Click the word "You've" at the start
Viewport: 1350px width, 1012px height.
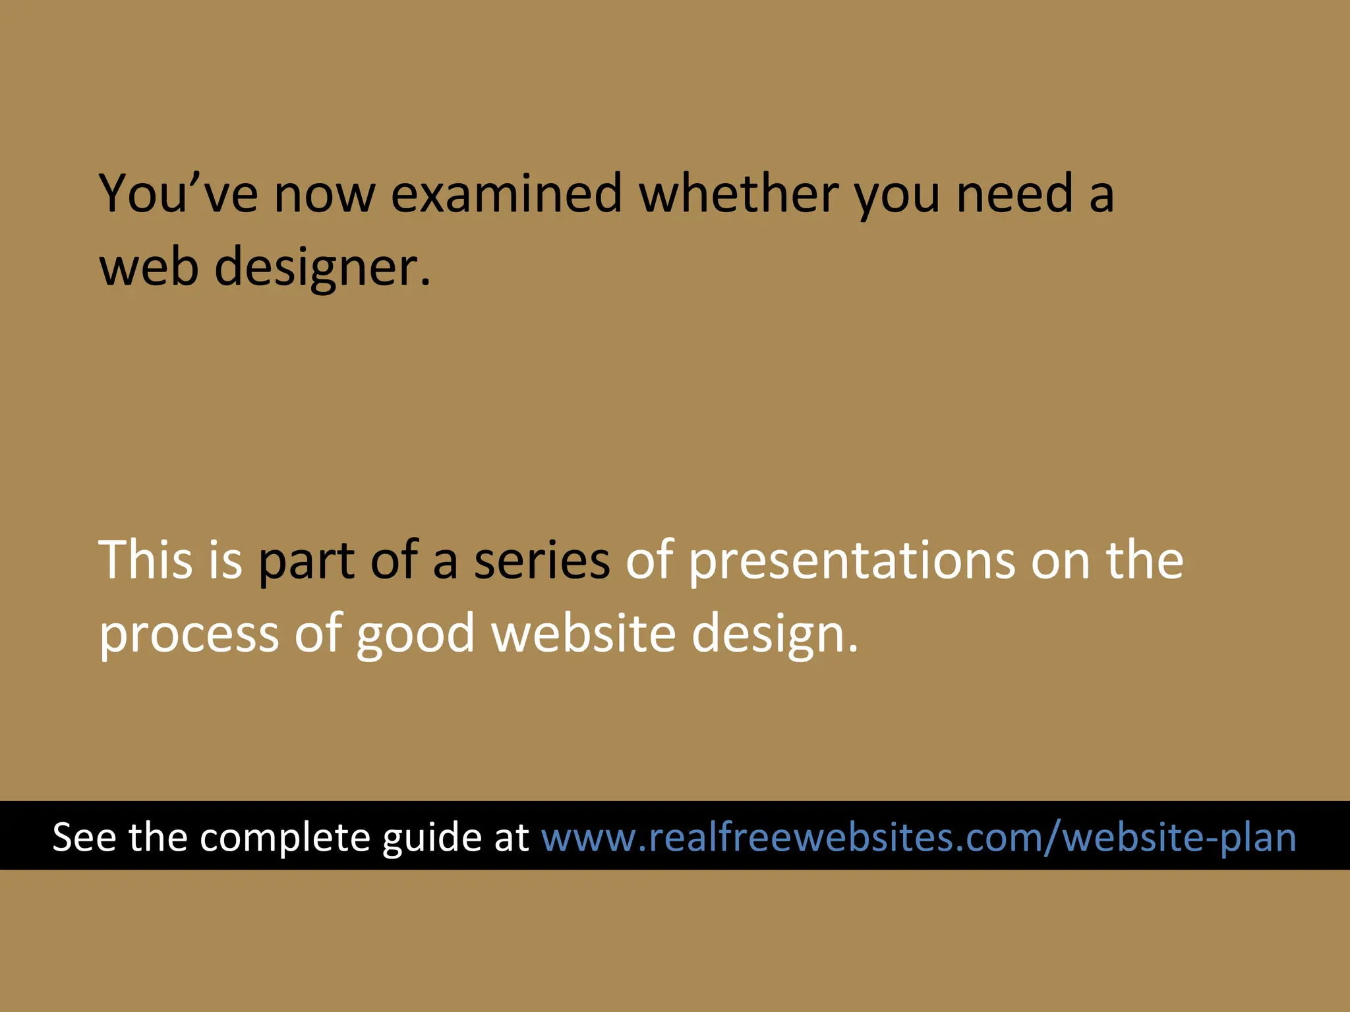point(178,194)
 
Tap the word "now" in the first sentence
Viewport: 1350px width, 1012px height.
point(324,195)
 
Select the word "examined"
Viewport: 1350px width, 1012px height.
point(506,194)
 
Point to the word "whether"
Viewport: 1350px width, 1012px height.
point(738,194)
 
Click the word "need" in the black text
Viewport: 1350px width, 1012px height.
point(1014,194)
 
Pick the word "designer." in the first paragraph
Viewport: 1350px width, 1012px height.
point(322,267)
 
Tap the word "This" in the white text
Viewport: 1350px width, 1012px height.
point(146,560)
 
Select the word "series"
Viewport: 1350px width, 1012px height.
point(542,560)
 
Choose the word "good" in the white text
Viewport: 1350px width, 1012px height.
point(415,634)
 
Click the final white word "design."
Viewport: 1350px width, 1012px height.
point(775,634)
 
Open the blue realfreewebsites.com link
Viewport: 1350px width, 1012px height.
point(918,837)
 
